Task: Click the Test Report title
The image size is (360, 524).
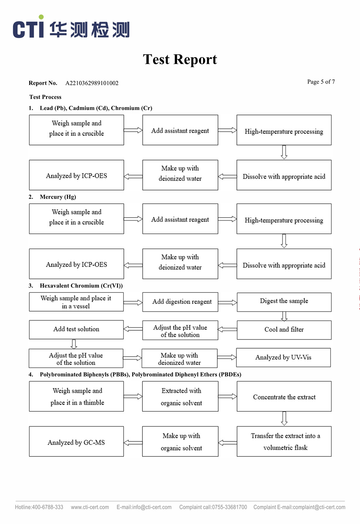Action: coord(180,59)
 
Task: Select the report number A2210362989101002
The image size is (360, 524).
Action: coord(92,83)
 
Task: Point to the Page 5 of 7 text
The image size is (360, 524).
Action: coord(321,82)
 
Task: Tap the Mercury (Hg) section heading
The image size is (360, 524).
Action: coord(58,197)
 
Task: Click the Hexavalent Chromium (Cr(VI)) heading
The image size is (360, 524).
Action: coord(81,286)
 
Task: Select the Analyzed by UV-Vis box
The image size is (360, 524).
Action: coord(283,357)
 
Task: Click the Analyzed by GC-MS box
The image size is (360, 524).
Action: coord(77,441)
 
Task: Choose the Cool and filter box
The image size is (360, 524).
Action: coord(284,330)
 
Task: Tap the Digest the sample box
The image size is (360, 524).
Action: coord(284,302)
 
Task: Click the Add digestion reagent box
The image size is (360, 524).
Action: coord(180,302)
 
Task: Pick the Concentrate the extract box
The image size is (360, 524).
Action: coord(284,396)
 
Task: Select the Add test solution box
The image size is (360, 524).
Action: coord(77,329)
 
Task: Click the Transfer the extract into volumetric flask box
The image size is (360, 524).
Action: coord(284,441)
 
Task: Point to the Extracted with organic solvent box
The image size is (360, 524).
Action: coord(180,396)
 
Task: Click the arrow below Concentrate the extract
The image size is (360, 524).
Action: coord(284,419)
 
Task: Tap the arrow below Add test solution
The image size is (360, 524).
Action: coord(74,344)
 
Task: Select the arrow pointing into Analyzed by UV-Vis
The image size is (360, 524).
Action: coord(227,357)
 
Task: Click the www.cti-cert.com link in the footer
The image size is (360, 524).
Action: coord(90,507)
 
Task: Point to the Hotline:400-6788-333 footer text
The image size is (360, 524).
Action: coord(39,507)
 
